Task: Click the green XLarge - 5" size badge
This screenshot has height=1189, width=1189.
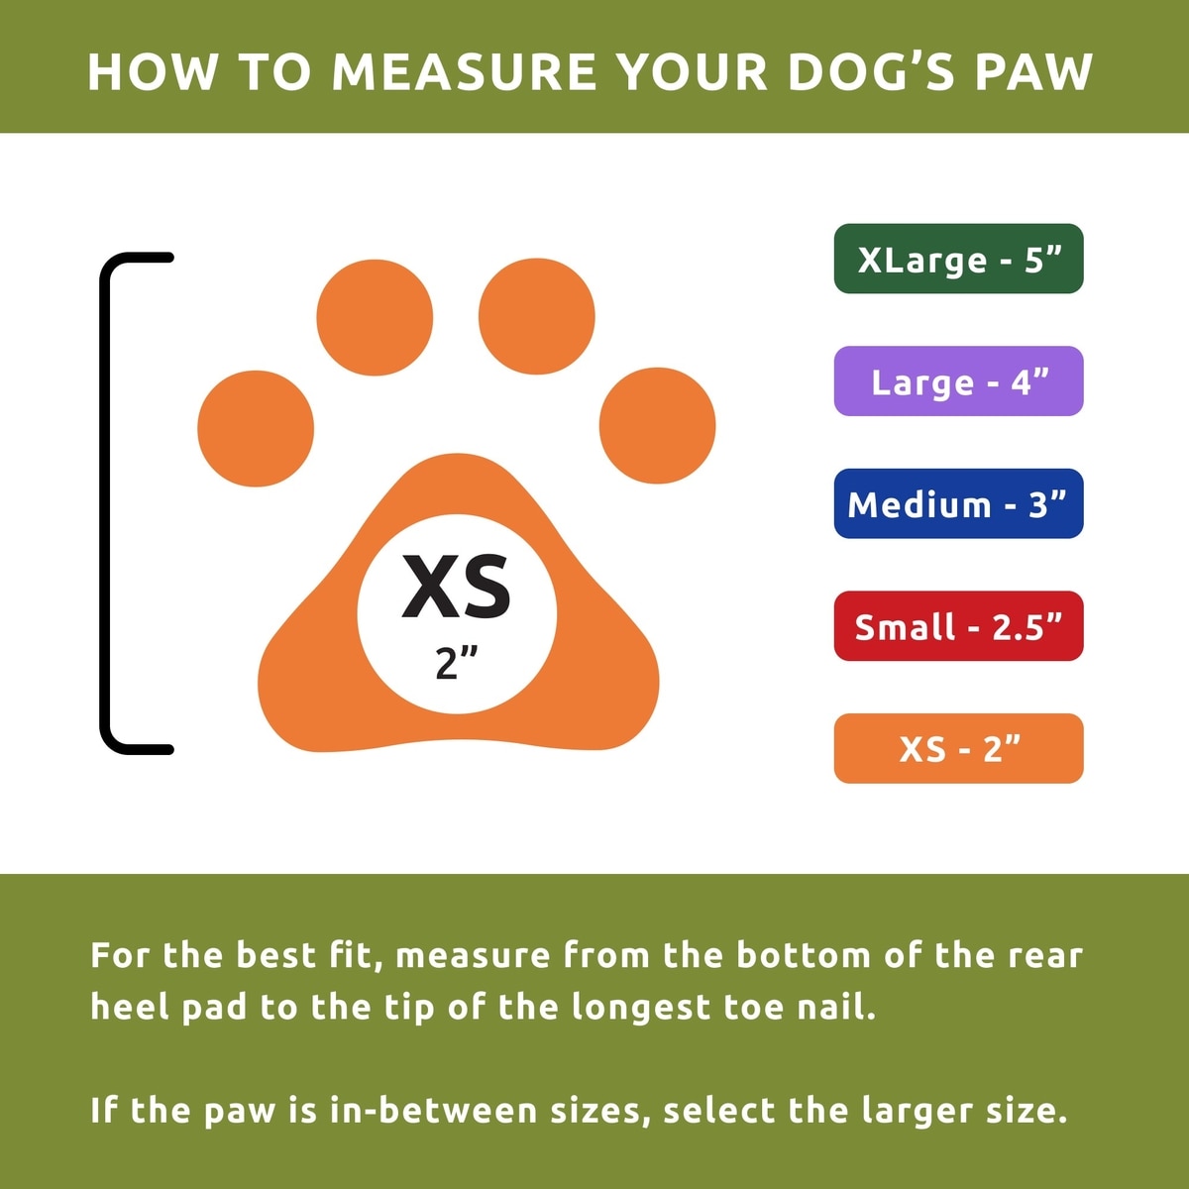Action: pyautogui.click(x=958, y=259)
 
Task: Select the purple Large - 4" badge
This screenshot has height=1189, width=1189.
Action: pyautogui.click(x=958, y=380)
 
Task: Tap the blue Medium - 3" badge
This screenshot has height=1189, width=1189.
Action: pyautogui.click(x=958, y=503)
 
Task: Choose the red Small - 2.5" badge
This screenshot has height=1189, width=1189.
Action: pyautogui.click(x=958, y=625)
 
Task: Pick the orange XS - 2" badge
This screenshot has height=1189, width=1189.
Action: pyautogui.click(x=958, y=748)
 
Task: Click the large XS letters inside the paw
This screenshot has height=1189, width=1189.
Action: pyautogui.click(x=456, y=587)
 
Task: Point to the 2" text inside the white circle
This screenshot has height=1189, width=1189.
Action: pyautogui.click(x=456, y=663)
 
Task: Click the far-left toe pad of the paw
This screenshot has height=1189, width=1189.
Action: pyautogui.click(x=256, y=429)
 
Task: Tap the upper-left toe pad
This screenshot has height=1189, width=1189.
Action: pyautogui.click(x=375, y=317)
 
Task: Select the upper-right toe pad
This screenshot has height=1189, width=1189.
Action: pyautogui.click(x=537, y=316)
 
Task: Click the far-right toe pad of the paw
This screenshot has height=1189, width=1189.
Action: pyautogui.click(x=657, y=426)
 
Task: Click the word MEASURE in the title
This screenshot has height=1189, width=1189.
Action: pyautogui.click(x=465, y=72)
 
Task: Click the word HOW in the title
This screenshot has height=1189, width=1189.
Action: pyautogui.click(x=153, y=72)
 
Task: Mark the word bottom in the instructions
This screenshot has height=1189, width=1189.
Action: pyautogui.click(x=803, y=955)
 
